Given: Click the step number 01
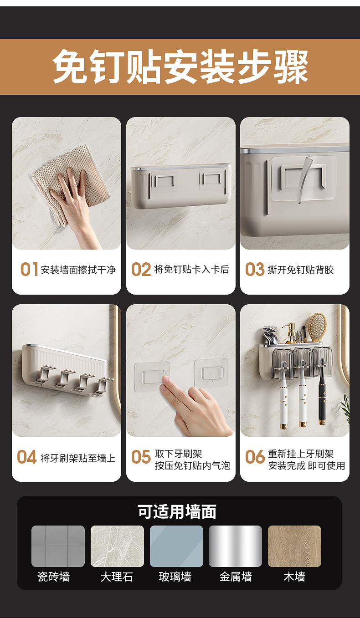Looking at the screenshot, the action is [29, 269].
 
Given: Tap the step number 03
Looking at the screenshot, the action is [255, 269].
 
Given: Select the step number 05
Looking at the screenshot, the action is [141, 457].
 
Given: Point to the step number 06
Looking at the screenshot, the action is [255, 457].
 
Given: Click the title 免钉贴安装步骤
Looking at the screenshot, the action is [180, 67].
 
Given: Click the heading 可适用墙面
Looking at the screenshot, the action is [177, 511].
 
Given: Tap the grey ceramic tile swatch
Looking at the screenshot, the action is [58, 546].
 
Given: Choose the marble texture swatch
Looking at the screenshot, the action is [117, 546].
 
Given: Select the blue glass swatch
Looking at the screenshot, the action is [176, 546].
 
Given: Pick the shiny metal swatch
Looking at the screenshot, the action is [235, 546].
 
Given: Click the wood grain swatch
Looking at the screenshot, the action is [294, 546].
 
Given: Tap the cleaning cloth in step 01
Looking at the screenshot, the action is [70, 182].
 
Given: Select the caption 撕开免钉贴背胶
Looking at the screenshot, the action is [301, 270].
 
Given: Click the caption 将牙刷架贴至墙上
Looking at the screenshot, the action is [78, 458].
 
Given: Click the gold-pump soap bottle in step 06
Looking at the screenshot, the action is [291, 333].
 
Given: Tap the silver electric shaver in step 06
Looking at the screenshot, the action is [270, 335].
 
